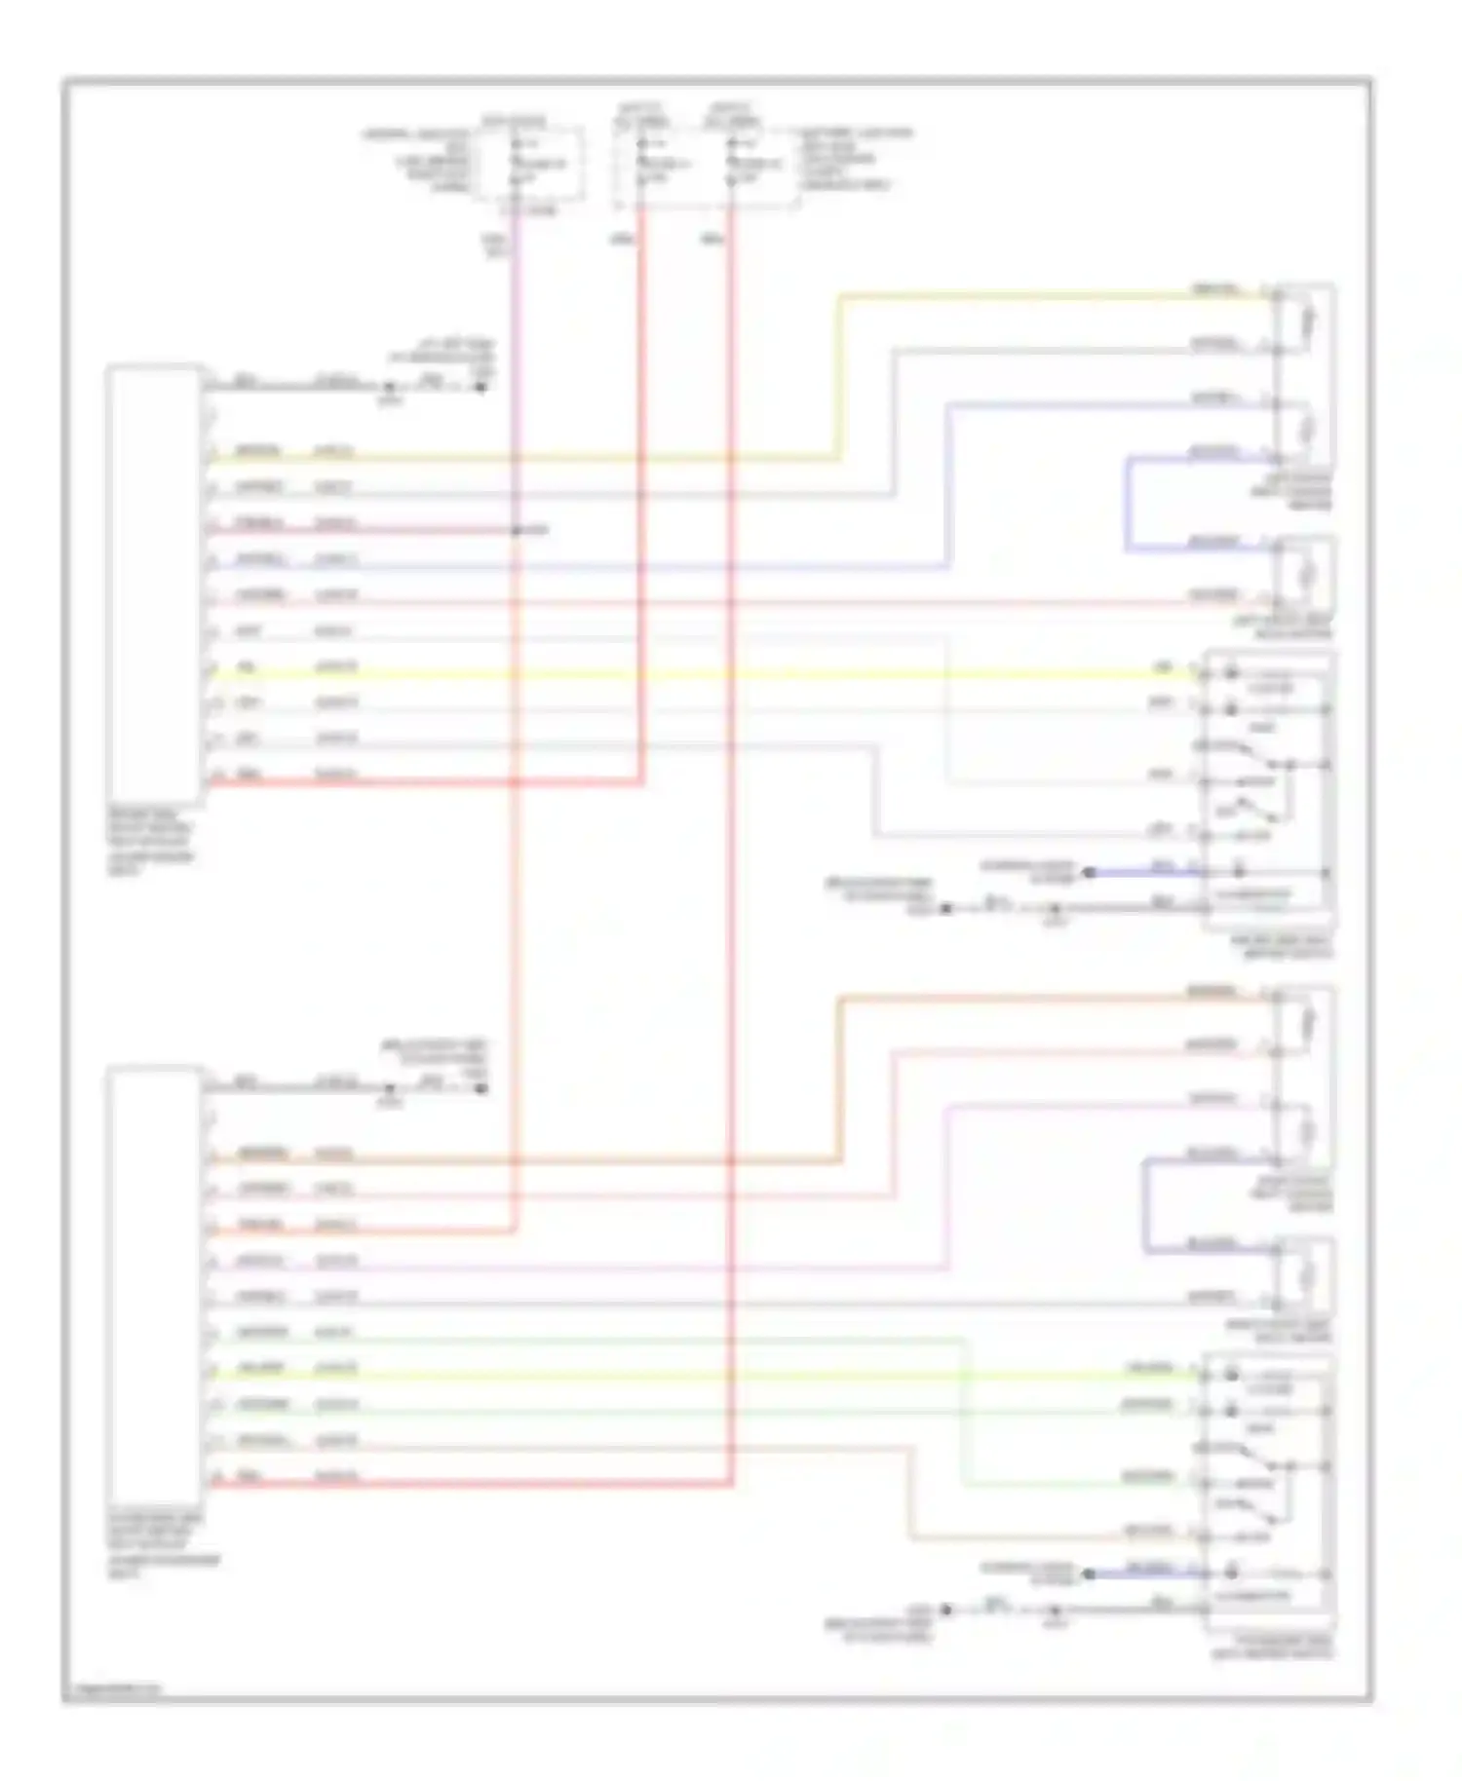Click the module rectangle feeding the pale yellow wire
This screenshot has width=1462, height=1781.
(156, 585)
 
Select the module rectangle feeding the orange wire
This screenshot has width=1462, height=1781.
(156, 1286)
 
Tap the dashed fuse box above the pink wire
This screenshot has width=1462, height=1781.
(530, 164)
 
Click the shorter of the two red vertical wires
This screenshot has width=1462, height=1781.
(641, 487)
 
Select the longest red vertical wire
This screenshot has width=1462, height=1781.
(730, 877)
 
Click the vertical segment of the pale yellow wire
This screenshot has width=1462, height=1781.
(837, 375)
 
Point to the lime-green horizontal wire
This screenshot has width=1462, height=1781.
(682, 1376)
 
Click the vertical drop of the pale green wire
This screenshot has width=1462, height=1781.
(966, 1413)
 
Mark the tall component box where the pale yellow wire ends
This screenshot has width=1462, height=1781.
(1304, 375)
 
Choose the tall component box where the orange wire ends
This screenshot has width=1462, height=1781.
(1304, 1077)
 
